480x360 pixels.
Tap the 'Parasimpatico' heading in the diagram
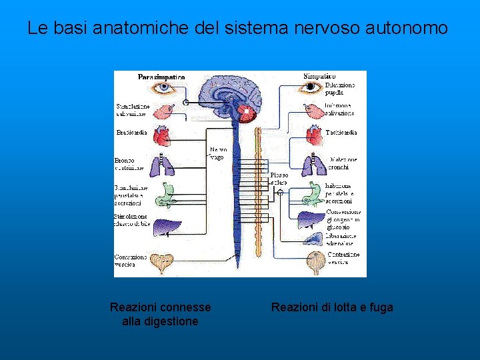click(x=161, y=77)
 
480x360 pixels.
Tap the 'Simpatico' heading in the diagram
click(x=319, y=76)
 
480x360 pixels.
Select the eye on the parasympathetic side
click(x=162, y=88)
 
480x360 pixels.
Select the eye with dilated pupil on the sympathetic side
click(x=309, y=87)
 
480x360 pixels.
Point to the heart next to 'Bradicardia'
click(x=162, y=135)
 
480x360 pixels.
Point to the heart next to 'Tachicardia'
click(x=313, y=135)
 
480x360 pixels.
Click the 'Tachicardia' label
click(x=341, y=133)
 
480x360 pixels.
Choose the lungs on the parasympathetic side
click(x=162, y=164)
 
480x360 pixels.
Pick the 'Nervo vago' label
click(x=218, y=153)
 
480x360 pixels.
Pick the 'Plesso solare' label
click(x=279, y=179)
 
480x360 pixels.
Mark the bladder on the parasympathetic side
click(x=163, y=261)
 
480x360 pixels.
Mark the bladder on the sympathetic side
click(x=315, y=263)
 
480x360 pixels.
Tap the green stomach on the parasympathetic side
click(x=165, y=193)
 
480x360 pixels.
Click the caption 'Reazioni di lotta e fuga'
click(x=332, y=307)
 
